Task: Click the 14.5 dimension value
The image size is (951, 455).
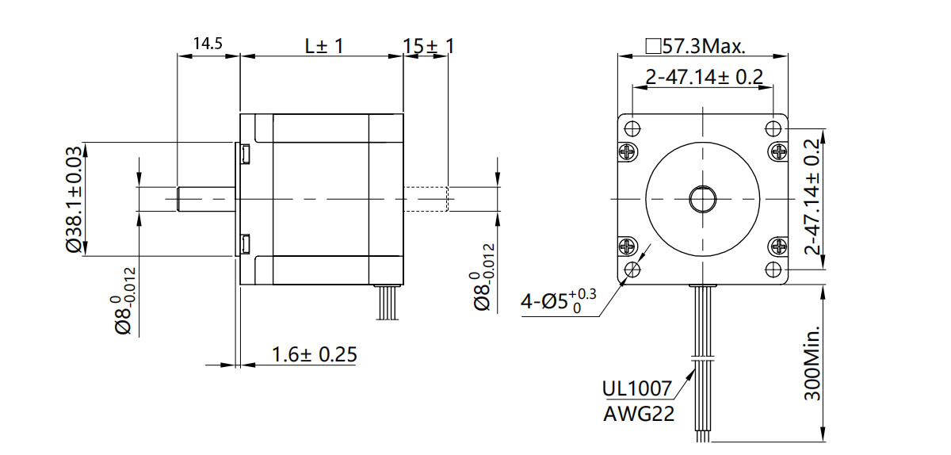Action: pos(208,44)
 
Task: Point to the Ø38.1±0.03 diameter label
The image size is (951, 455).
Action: pos(74,199)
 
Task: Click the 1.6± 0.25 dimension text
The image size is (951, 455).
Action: pos(314,354)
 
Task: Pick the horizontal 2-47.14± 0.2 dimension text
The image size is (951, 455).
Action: pos(703,77)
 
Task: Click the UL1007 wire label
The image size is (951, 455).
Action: pos(637,388)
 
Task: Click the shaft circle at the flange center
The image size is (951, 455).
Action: pos(702,198)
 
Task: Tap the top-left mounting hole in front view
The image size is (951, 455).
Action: pos(632,128)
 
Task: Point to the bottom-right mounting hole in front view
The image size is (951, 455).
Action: pos(773,270)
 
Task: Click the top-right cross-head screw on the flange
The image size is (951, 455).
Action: pos(777,150)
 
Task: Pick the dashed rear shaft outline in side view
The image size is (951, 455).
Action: pos(426,199)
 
